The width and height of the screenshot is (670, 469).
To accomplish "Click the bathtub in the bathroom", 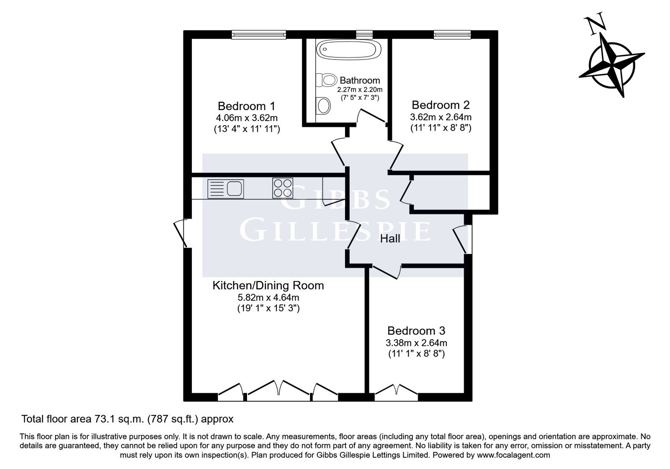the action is pyautogui.click(x=348, y=49).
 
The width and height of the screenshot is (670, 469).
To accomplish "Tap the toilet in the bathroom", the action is pyautogui.click(x=326, y=80).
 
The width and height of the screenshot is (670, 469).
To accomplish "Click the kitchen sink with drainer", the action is pyautogui.click(x=226, y=189).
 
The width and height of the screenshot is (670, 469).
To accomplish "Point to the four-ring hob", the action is pyautogui.click(x=282, y=188).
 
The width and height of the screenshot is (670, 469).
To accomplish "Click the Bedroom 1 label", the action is pyautogui.click(x=247, y=106).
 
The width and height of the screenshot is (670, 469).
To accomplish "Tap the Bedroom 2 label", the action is pyautogui.click(x=441, y=105).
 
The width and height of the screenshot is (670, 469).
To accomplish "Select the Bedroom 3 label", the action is pyautogui.click(x=416, y=331).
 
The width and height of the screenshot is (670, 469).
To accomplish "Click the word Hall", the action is pyautogui.click(x=390, y=239).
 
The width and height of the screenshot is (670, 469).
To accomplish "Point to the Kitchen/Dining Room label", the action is pyautogui.click(x=268, y=286).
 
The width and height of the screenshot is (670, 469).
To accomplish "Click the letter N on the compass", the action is pyautogui.click(x=595, y=26).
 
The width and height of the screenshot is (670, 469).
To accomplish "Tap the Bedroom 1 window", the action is pyautogui.click(x=259, y=35).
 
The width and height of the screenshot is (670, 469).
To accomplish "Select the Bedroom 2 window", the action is pyautogui.click(x=453, y=35).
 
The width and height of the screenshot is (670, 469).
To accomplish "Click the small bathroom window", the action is pyautogui.click(x=364, y=35).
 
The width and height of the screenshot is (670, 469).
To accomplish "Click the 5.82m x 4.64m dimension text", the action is pyautogui.click(x=268, y=298).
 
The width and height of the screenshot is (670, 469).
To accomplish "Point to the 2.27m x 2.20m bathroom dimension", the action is pyautogui.click(x=360, y=90).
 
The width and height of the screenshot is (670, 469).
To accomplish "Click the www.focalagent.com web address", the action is pyautogui.click(x=513, y=455).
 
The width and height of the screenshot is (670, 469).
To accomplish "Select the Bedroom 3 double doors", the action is pyautogui.click(x=396, y=392).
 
